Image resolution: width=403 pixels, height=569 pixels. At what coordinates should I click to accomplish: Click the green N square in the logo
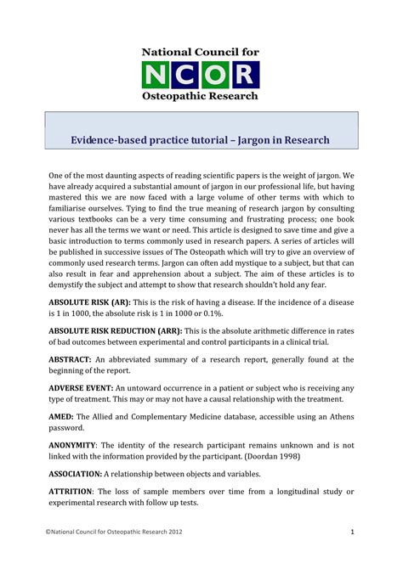[x=157, y=75]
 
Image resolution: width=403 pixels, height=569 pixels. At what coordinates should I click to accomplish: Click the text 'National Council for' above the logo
[x=201, y=53]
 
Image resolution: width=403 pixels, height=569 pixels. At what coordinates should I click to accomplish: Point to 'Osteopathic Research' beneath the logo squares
[x=201, y=98]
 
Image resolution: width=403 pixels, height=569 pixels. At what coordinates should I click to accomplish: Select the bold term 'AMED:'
[x=60, y=417]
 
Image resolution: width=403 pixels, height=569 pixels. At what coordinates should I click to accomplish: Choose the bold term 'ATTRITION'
[x=71, y=492]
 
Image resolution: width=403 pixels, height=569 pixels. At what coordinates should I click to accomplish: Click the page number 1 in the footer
[x=351, y=532]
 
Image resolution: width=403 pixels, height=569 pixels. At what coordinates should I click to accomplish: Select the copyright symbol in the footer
[x=48, y=532]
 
